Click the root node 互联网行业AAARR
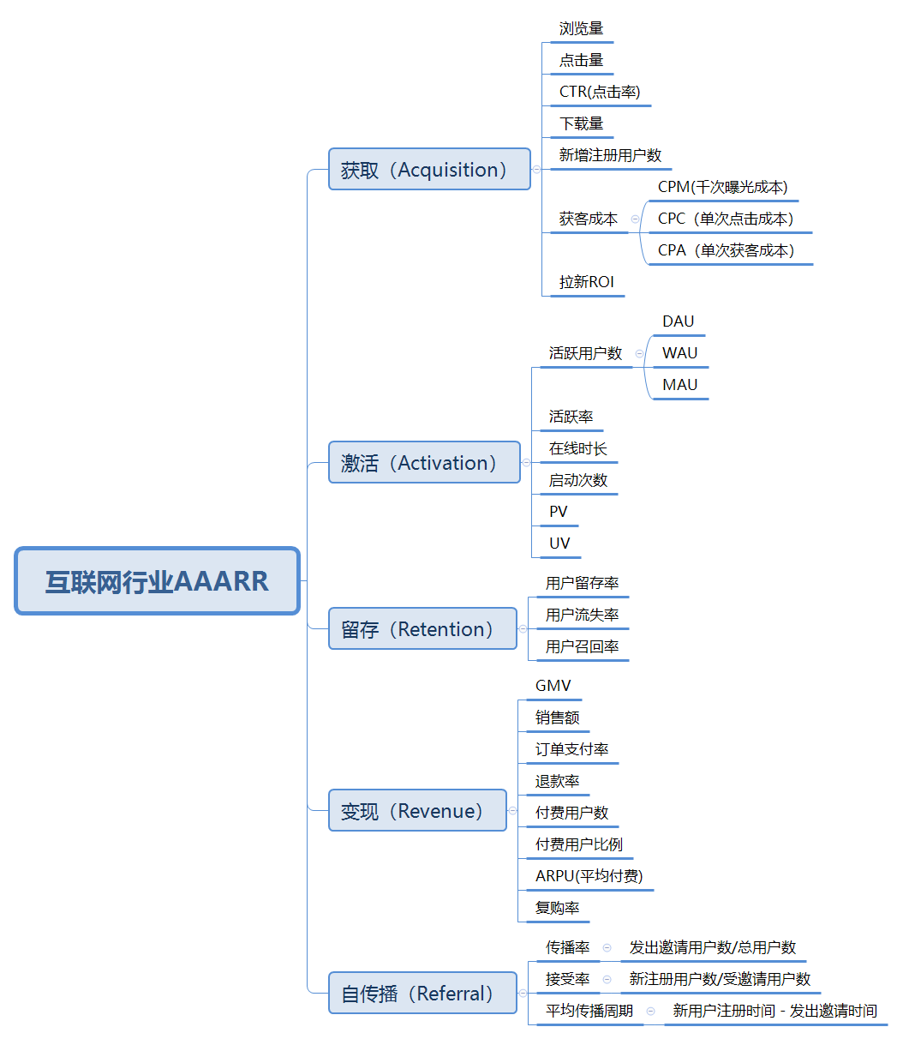158,581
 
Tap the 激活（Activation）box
424,463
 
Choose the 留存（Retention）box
422,629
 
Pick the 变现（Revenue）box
417,811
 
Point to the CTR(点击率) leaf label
600,92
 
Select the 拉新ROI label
587,282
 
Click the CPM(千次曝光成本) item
722,187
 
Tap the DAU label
678,321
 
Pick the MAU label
679,385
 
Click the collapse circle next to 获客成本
635,219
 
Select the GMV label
553,686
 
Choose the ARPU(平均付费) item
589,876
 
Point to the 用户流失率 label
582,615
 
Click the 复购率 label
557,908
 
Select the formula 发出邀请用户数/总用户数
713,947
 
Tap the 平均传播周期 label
589,1011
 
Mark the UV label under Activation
559,544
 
